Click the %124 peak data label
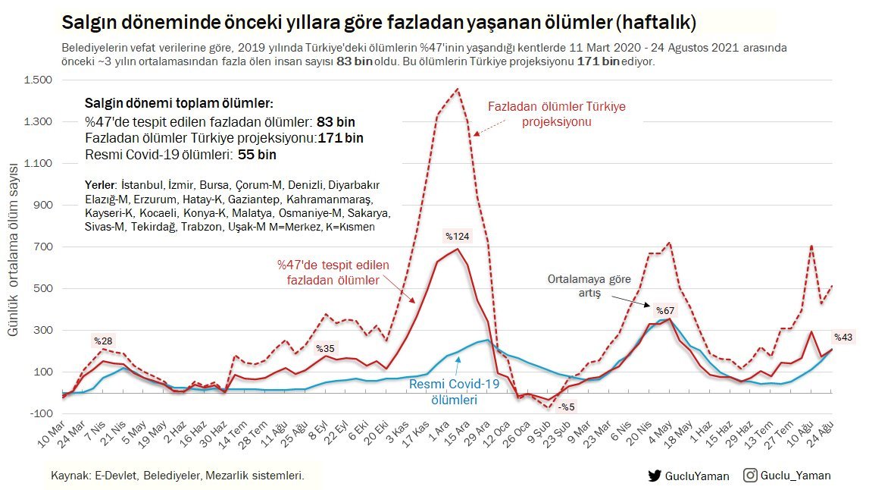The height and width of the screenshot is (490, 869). coord(458,236)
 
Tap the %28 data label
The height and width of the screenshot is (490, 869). coord(102,339)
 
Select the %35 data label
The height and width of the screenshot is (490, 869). coord(326,349)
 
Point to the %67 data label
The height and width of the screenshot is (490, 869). coord(665,311)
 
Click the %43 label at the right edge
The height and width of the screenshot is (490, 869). coord(843,338)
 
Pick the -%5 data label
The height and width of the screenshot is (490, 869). coord(567,407)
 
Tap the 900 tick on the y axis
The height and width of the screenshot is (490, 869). coord(42,205)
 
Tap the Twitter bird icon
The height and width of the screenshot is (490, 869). coord(655,476)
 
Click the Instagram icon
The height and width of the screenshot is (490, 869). coord(750,476)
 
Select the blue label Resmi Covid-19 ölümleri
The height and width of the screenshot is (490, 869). coord(455,392)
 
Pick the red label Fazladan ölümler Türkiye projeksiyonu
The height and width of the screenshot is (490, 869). coord(557,114)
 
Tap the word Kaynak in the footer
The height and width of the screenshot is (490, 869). coord(68,476)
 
